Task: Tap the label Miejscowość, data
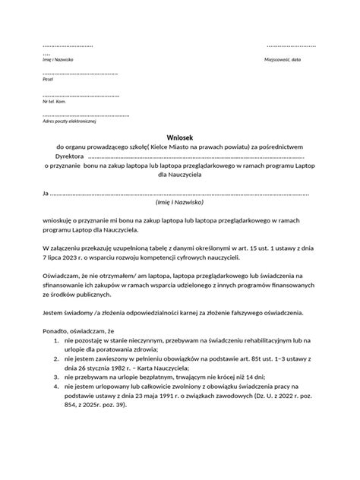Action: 283,58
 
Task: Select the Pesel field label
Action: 48,79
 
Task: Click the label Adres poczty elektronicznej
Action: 71,121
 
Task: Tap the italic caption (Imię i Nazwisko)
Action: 179,202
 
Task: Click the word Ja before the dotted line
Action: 46,193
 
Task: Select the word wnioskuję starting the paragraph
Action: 60,219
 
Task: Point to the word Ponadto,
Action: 58,331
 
